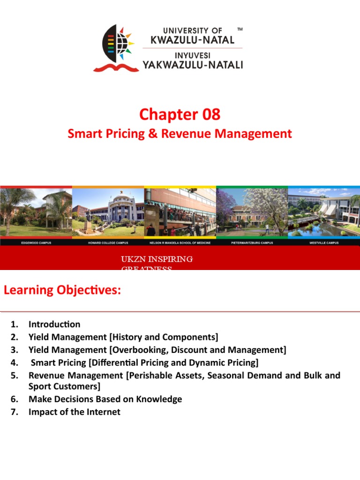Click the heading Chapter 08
pyautogui.click(x=180, y=114)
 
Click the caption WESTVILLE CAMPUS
pyautogui.click(x=324, y=243)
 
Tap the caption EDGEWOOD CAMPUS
pyautogui.click(x=36, y=243)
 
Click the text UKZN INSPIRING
pyautogui.click(x=157, y=259)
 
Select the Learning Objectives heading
pyautogui.click(x=62, y=290)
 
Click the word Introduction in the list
pyautogui.click(x=54, y=324)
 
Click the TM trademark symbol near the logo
pyautogui.click(x=240, y=30)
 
